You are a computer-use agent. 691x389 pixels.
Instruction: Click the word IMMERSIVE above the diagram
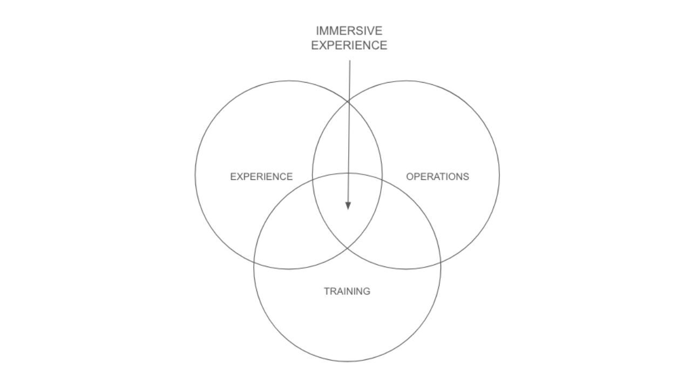click(349, 31)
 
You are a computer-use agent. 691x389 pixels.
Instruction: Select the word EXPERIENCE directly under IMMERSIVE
click(349, 45)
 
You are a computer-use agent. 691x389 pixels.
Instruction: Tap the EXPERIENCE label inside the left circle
click(261, 177)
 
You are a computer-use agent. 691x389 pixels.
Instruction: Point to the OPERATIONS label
click(437, 177)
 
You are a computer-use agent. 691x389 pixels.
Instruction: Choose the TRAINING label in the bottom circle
click(347, 291)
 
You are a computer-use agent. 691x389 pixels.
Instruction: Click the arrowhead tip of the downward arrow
click(348, 209)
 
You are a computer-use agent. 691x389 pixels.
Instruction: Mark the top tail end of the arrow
click(350, 61)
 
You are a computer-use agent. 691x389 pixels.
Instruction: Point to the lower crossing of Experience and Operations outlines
click(347, 249)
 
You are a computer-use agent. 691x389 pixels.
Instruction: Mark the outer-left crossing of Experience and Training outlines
click(254, 262)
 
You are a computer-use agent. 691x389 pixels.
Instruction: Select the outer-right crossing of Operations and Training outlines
click(441, 262)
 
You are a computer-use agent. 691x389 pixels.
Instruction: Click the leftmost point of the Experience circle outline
click(195, 175)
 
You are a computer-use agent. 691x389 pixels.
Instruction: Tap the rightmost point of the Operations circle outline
click(499, 175)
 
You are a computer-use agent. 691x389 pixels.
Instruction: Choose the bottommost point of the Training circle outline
click(347, 361)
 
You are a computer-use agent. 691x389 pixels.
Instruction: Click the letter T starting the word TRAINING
click(326, 291)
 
